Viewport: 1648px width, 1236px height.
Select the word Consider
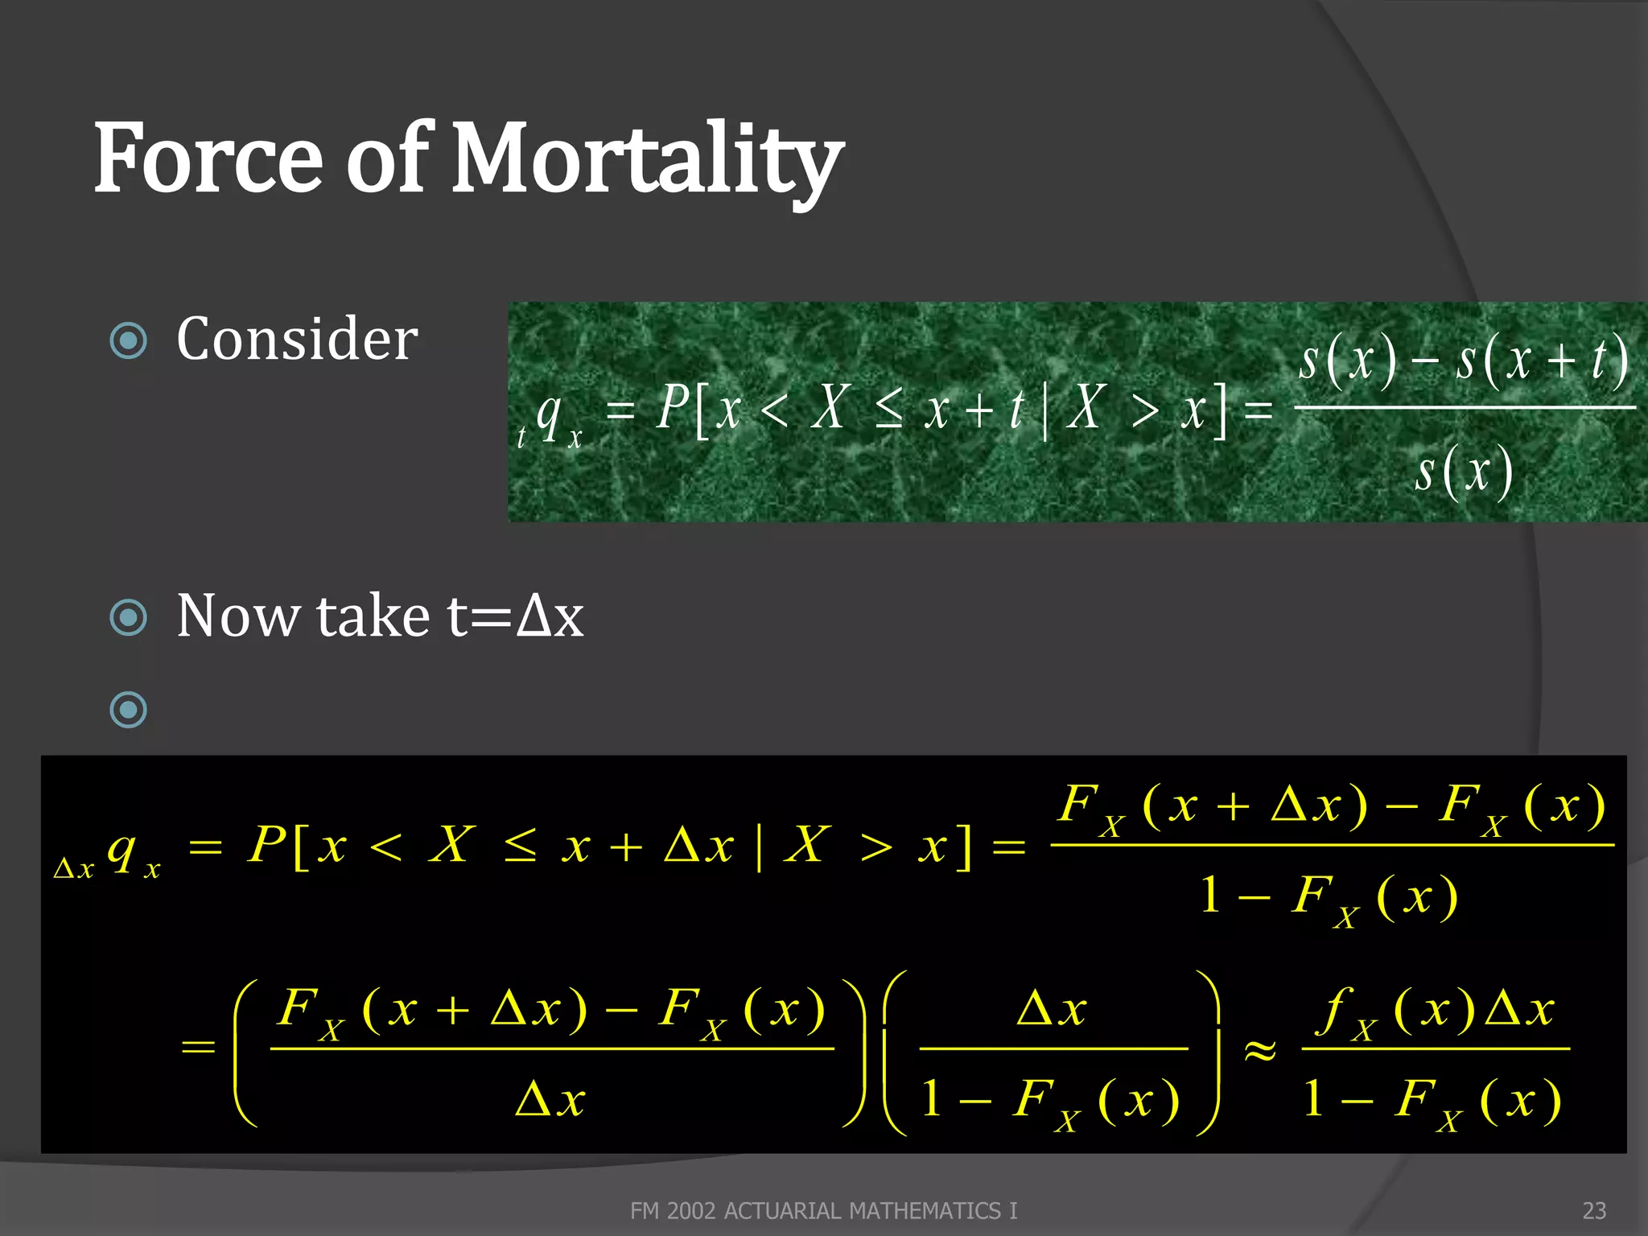(297, 339)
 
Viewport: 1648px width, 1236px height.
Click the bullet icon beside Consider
(129, 340)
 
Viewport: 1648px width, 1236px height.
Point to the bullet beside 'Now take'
(129, 617)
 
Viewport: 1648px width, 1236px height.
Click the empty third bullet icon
(129, 710)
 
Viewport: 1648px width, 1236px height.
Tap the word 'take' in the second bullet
(374, 616)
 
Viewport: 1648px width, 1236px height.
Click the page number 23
(1594, 1210)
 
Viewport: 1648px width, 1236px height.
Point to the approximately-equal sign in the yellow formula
(1260, 1050)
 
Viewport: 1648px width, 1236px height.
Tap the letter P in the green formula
(673, 407)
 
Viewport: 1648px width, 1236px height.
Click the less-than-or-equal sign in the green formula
(888, 410)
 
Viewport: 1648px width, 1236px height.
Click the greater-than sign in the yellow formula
(876, 847)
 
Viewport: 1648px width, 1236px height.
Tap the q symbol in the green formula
(549, 415)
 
